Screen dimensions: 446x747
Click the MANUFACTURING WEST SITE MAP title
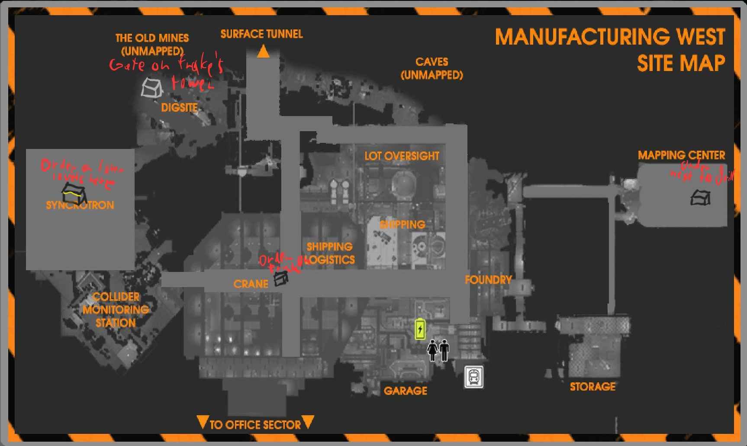610,50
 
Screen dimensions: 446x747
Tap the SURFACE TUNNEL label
261,34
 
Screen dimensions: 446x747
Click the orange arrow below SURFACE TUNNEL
263,52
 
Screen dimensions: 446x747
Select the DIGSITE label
179,107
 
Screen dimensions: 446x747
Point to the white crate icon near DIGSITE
151,88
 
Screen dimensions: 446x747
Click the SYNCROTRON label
80,205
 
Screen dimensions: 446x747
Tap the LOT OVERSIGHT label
402,156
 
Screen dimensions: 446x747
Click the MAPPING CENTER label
681,155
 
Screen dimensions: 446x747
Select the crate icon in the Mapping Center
700,198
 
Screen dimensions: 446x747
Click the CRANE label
251,284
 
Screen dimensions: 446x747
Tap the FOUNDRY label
488,280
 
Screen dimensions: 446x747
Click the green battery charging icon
420,329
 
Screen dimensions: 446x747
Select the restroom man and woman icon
438,350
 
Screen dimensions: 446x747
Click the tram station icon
474,377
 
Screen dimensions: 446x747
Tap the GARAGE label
405,391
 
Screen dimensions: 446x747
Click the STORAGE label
592,386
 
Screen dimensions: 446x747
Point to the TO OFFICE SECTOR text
255,424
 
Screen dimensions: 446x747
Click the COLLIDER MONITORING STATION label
116,310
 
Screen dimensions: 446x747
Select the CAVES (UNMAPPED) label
432,68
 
